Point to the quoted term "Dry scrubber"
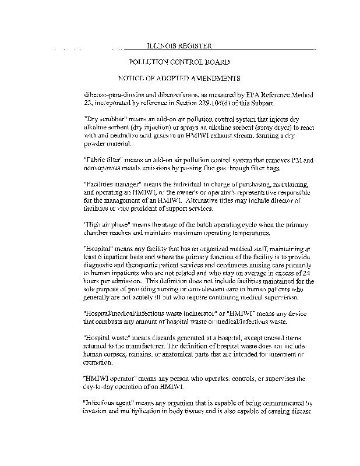coord(102,118)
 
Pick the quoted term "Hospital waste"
coord(105,338)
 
